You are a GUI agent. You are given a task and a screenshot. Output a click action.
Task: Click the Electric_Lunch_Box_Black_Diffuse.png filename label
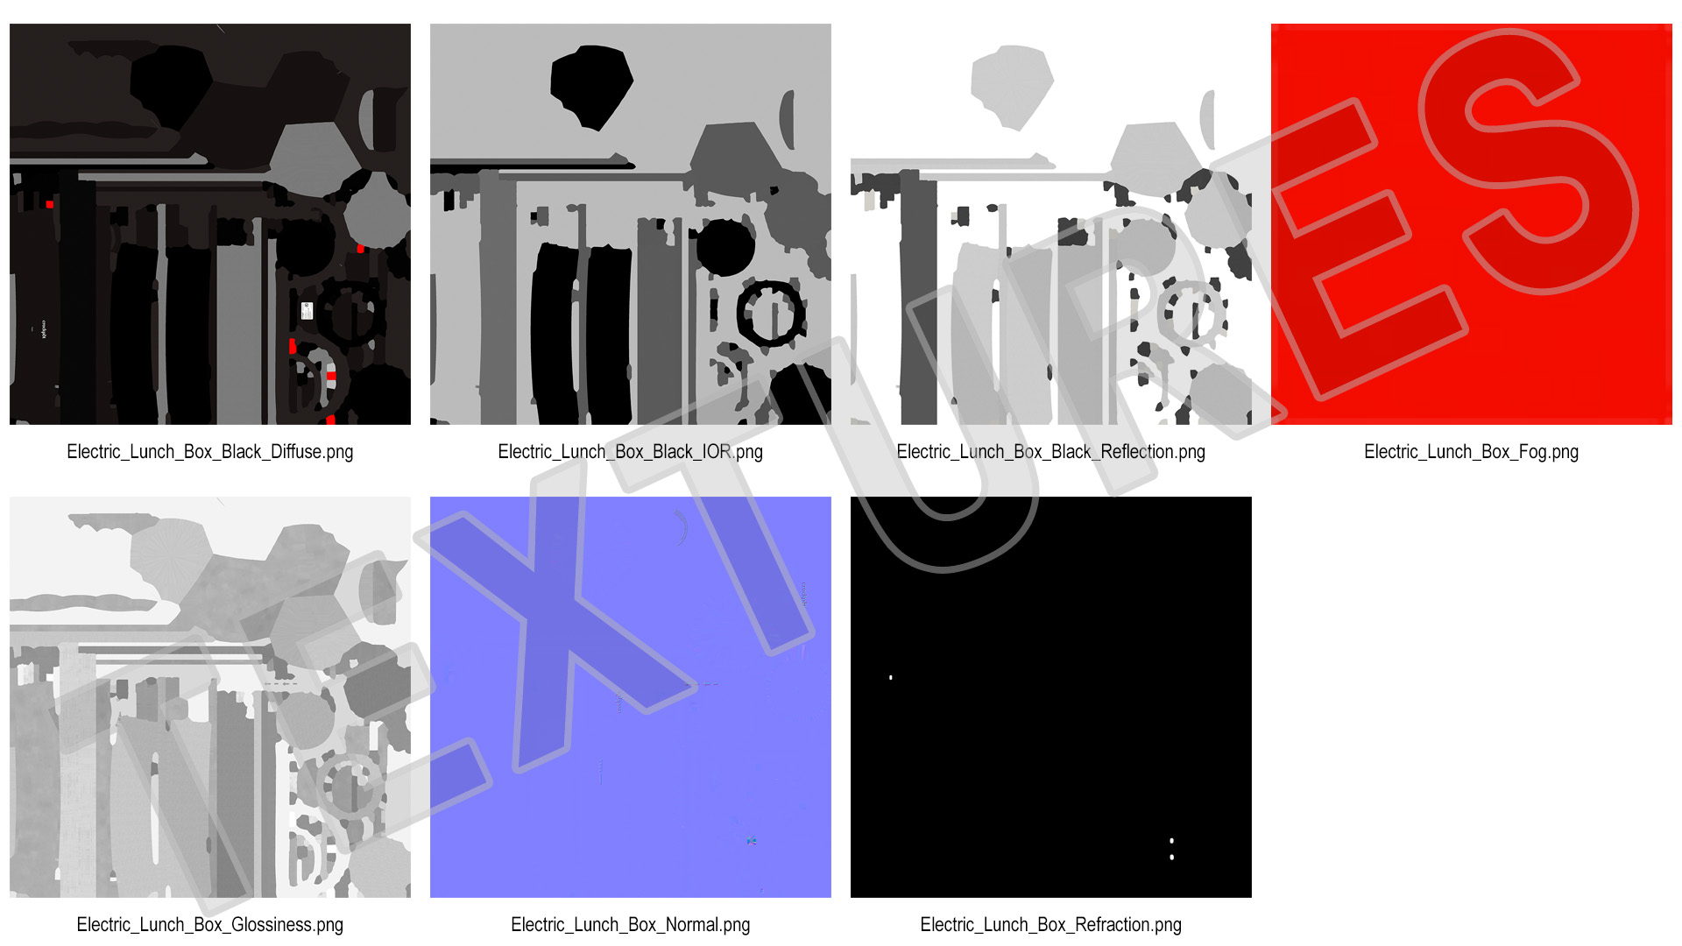point(210,452)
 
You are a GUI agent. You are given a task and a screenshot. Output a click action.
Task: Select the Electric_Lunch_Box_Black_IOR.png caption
point(631,452)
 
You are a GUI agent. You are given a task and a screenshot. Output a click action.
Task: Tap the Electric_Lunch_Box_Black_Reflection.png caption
point(1051,452)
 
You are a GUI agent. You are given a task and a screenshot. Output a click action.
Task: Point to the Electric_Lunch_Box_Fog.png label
point(1472,452)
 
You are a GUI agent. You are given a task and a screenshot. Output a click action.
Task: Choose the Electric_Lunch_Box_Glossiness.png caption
point(210,925)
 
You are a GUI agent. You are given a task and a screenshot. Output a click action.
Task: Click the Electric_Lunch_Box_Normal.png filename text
point(631,925)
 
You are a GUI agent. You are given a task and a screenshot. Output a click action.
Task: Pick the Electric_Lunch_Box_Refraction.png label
point(1051,925)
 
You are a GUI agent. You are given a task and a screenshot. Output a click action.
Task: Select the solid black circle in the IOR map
point(725,248)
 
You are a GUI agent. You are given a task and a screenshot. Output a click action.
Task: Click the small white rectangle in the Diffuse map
point(307,310)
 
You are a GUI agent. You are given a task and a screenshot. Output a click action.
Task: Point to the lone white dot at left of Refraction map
point(891,677)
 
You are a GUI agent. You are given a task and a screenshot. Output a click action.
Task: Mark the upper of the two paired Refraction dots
point(1172,841)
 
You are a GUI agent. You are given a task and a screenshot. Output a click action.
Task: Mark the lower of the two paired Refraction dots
point(1172,857)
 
